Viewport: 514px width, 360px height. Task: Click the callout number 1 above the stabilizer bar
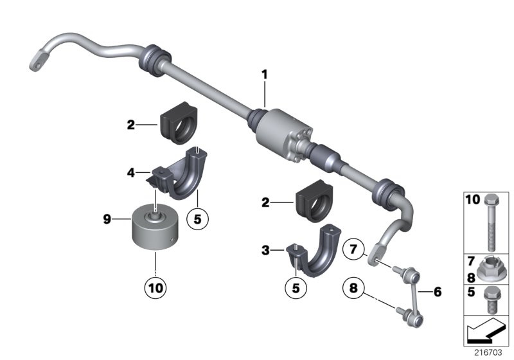[263, 76]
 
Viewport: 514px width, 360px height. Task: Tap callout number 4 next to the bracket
[130, 172]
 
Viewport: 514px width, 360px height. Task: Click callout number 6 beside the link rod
[438, 291]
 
